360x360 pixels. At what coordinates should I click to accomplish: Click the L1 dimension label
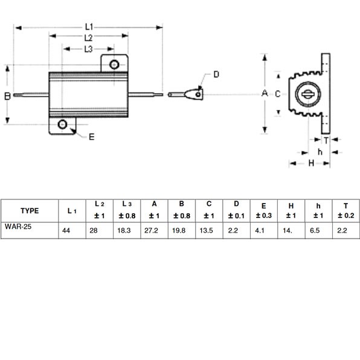(x=89, y=27)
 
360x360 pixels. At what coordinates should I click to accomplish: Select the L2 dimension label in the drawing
(x=88, y=38)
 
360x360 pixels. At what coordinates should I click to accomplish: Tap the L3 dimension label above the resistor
(x=88, y=49)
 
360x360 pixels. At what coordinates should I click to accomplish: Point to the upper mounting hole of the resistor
(x=114, y=65)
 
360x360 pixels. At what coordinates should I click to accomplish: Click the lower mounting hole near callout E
(x=62, y=124)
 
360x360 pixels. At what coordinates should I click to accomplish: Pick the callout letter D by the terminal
(x=216, y=74)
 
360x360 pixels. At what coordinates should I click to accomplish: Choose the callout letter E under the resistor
(x=92, y=137)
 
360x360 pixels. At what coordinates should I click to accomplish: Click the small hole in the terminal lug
(x=198, y=94)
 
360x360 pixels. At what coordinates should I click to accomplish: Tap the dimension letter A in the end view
(x=265, y=93)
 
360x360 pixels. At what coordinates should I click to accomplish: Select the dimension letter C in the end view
(x=278, y=94)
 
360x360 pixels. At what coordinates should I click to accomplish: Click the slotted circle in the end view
(x=307, y=94)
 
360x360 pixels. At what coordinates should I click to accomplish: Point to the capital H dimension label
(x=311, y=163)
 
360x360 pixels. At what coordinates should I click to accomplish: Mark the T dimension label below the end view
(x=326, y=140)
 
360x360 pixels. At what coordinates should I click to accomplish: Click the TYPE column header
(x=30, y=211)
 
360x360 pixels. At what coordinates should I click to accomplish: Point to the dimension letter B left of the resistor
(x=7, y=96)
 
